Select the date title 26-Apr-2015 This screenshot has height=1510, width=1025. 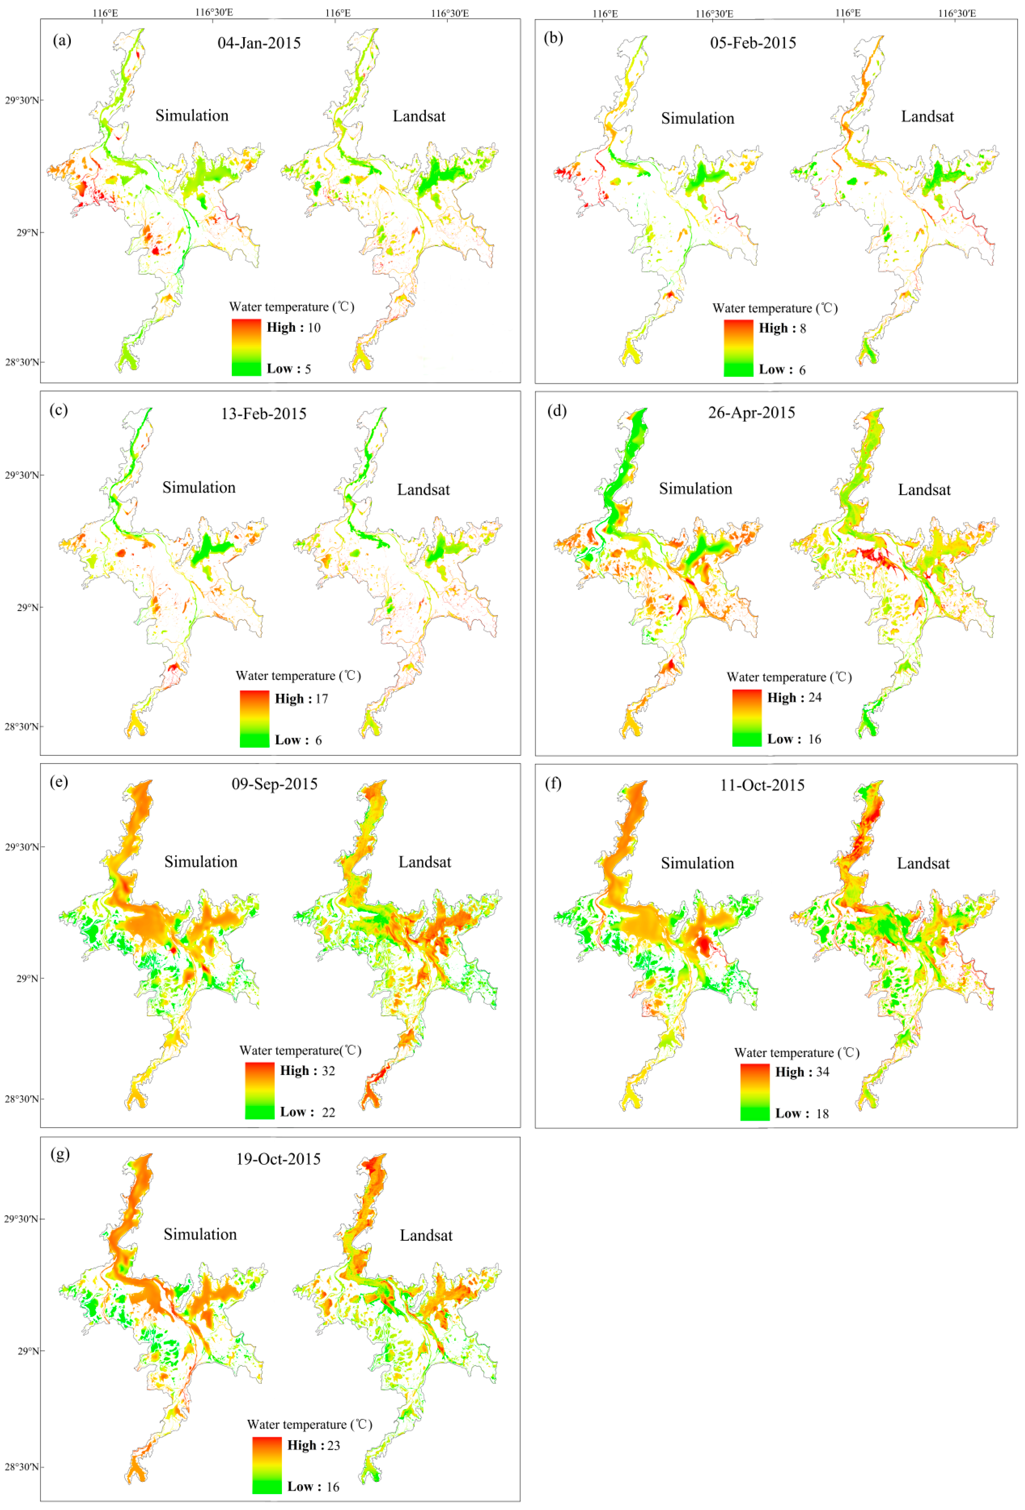coord(751,413)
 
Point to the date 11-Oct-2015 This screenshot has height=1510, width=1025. coord(762,785)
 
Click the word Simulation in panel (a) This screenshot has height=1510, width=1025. coord(192,116)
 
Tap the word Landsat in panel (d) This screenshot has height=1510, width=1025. coord(924,490)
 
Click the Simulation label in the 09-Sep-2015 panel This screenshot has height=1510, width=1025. coord(201,861)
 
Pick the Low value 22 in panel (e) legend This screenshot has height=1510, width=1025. coord(328,1112)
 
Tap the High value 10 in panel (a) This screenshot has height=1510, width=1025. coord(314,328)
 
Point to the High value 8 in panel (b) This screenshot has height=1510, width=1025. coord(803,328)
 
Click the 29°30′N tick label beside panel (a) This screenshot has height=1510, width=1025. coord(22,100)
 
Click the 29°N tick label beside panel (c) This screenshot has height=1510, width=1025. coord(27,608)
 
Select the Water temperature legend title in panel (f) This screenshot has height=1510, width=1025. coord(796,1053)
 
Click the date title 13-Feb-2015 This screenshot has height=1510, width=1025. coord(263,414)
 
